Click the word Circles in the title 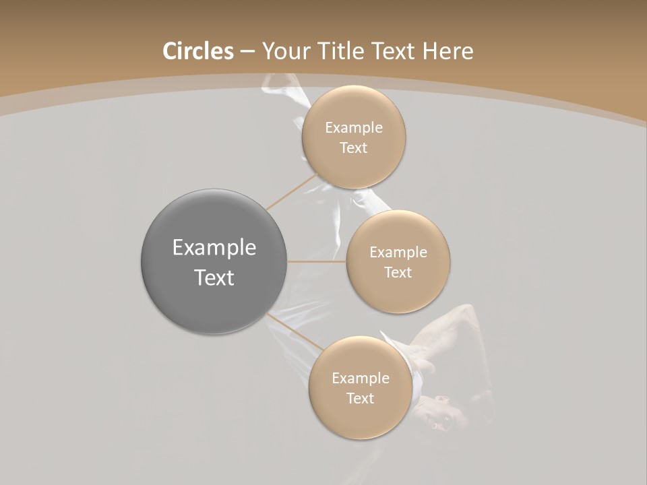[197, 51]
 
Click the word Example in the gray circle [214, 248]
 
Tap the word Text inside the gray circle [214, 278]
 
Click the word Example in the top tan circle [354, 128]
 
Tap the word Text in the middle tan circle [398, 273]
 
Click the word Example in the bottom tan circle [360, 379]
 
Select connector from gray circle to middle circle [317, 261]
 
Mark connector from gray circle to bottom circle [295, 333]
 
